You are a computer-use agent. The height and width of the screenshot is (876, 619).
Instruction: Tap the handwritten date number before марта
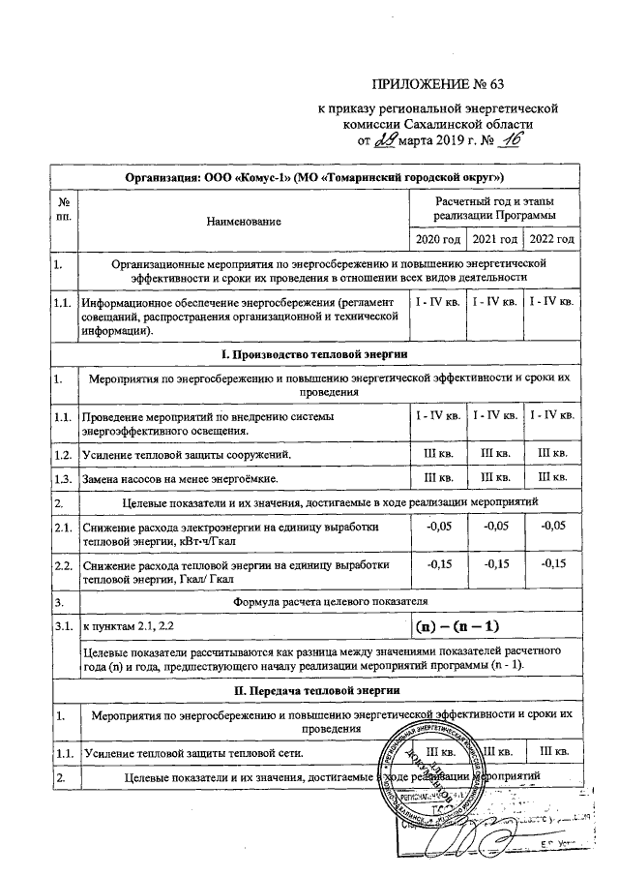(x=385, y=141)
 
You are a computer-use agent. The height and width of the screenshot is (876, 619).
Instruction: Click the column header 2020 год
(x=437, y=239)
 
